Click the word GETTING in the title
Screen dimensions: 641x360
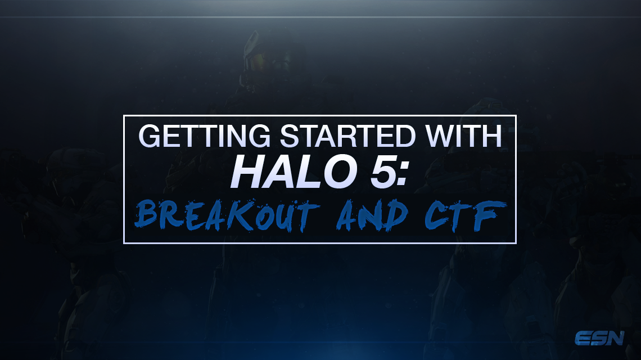pos(205,136)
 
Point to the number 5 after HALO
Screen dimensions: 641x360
pos(383,172)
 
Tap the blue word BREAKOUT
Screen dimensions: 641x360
pos(227,215)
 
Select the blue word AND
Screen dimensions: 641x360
pos(372,215)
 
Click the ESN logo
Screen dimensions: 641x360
pos(600,338)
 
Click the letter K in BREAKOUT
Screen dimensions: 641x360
pos(241,215)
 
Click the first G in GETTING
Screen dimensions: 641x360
pos(150,136)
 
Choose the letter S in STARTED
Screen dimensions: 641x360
pos(290,136)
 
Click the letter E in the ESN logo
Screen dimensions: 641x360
pos(583,338)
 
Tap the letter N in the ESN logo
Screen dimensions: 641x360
pos(615,338)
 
